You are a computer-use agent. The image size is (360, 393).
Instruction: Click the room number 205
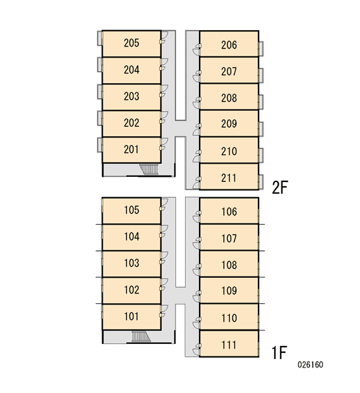pyautogui.click(x=132, y=43)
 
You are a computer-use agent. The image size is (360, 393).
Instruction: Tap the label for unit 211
pyautogui.click(x=228, y=178)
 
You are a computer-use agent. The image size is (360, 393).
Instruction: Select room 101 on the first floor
pyautogui.click(x=132, y=316)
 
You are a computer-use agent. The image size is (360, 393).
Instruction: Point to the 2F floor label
pyautogui.click(x=280, y=187)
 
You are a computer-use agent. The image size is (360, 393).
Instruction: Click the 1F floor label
pyautogui.click(x=279, y=352)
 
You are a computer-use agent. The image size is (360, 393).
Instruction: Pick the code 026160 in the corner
pyautogui.click(x=310, y=364)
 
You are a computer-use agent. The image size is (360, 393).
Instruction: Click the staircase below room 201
pyautogui.click(x=149, y=169)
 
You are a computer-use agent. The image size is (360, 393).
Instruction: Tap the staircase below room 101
pyautogui.click(x=141, y=337)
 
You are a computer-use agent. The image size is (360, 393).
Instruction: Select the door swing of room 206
pyautogui.click(x=197, y=49)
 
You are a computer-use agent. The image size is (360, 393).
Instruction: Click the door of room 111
pyautogui.click(x=197, y=350)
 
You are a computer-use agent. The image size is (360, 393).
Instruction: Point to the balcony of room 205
pyautogui.click(x=99, y=39)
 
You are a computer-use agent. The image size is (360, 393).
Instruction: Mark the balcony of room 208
pyautogui.click(x=261, y=102)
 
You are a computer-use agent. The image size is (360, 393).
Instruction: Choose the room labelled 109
pyautogui.click(x=229, y=290)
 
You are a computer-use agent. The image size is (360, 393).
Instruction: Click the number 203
pyautogui.click(x=132, y=96)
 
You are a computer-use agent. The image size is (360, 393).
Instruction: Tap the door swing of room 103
pyautogui.click(x=164, y=258)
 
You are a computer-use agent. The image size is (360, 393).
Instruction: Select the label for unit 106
pyautogui.click(x=229, y=212)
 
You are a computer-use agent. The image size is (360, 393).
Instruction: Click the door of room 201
pyautogui.click(x=164, y=144)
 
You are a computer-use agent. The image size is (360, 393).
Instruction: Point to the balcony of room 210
pyautogui.click(x=261, y=155)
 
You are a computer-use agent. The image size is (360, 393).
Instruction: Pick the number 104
pyautogui.click(x=132, y=236)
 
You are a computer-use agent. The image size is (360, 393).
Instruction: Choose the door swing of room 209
pyautogui.click(x=197, y=129)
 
